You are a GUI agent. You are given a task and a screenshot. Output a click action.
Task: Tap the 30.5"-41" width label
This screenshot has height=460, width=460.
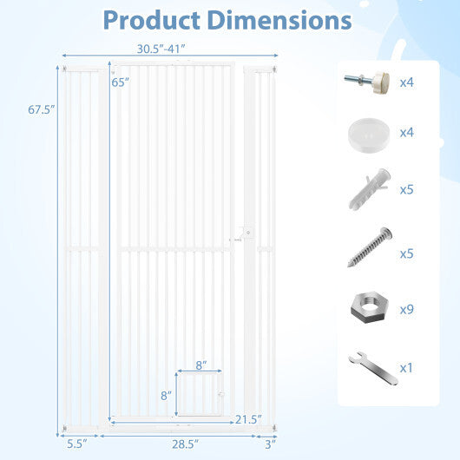pos(159,50)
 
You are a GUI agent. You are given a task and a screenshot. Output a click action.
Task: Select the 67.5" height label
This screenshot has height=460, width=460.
pos(41,109)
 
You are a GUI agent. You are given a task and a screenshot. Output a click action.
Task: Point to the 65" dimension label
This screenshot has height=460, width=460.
pos(120,82)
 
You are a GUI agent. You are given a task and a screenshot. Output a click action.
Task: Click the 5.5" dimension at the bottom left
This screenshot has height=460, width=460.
pos(79,444)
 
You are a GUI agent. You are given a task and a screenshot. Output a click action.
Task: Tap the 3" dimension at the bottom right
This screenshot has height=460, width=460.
pos(270,444)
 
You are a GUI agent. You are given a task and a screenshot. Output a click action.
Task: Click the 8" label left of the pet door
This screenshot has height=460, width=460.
pos(167,395)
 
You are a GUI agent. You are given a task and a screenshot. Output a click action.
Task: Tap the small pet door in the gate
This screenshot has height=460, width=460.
pos(200,394)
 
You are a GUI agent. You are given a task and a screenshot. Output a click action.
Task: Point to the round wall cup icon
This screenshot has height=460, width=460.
pos(367,135)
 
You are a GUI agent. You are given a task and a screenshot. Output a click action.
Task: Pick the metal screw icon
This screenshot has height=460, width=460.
pos(367,248)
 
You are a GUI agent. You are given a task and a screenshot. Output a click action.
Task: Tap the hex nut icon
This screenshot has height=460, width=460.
pos(367,307)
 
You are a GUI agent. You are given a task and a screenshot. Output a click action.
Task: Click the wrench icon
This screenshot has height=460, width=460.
pos(367,365)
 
